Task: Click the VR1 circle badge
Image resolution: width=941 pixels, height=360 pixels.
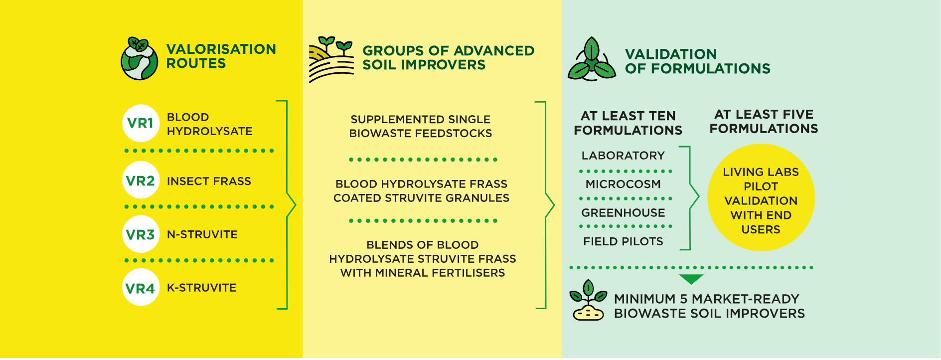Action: coord(141,123)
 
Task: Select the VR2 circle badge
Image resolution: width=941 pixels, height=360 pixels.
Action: coord(141,180)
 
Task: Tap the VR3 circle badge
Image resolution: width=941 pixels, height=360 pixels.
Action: coord(141,234)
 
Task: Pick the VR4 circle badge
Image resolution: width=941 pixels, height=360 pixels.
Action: coord(141,287)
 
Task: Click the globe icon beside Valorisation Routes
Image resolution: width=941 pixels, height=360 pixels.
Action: coord(140,58)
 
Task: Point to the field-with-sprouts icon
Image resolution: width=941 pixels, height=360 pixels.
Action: coord(331,59)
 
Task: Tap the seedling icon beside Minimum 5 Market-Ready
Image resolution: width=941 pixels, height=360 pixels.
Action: coord(588,300)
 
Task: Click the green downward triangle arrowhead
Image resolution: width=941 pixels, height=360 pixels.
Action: coord(691,279)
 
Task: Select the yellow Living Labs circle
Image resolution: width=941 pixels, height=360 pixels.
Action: coord(761,197)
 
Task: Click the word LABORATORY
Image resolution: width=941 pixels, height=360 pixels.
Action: coord(623,156)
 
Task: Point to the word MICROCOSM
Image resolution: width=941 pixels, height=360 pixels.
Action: coord(623,184)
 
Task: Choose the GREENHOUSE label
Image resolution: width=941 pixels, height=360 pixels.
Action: coord(623,213)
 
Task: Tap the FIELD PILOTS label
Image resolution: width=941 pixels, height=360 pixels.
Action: coord(623,241)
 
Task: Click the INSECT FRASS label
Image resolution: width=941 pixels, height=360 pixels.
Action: coord(209,181)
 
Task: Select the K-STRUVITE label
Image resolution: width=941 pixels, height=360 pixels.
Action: coord(202,288)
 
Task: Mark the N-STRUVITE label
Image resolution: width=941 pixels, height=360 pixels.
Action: coord(202,234)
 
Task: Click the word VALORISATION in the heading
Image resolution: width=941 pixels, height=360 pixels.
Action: coord(221,49)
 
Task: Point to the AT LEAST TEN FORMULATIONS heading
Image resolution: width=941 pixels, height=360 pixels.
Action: coord(628,123)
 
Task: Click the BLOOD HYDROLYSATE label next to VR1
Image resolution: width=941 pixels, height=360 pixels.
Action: coord(210,124)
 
